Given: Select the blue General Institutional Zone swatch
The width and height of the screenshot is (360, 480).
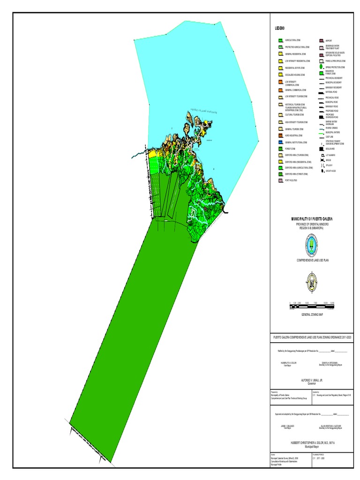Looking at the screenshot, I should click(x=280, y=142).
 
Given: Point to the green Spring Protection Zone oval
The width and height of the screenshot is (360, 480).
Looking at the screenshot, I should click(x=321, y=67).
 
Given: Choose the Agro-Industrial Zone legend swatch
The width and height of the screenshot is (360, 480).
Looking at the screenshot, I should click(x=280, y=135).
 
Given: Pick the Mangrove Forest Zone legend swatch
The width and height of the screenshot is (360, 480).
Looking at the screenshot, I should click(x=321, y=73).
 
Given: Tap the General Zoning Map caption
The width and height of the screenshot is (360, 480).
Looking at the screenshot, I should click(x=312, y=315).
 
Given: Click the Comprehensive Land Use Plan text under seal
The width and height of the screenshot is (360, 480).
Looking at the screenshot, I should click(x=312, y=259).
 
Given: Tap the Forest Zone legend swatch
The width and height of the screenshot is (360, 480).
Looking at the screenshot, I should click(x=280, y=149).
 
